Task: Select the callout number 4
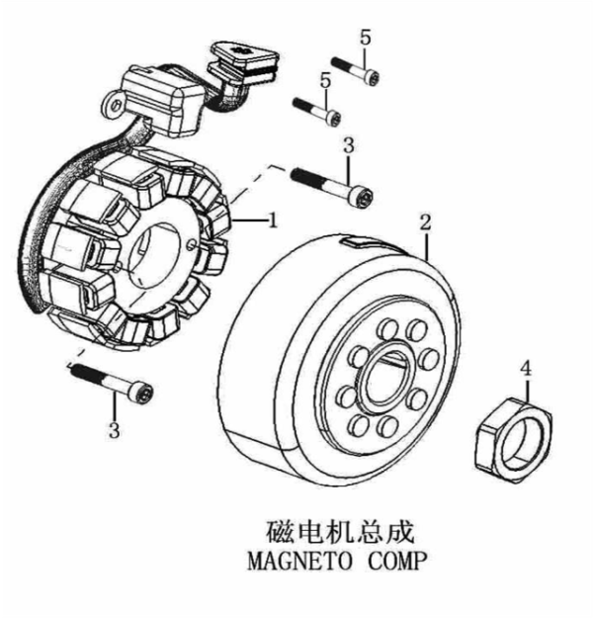point(526,368)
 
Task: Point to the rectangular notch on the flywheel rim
point(361,240)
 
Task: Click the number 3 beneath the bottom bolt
point(115,430)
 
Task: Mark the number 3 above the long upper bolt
point(348,146)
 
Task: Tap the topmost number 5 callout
point(365,39)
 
